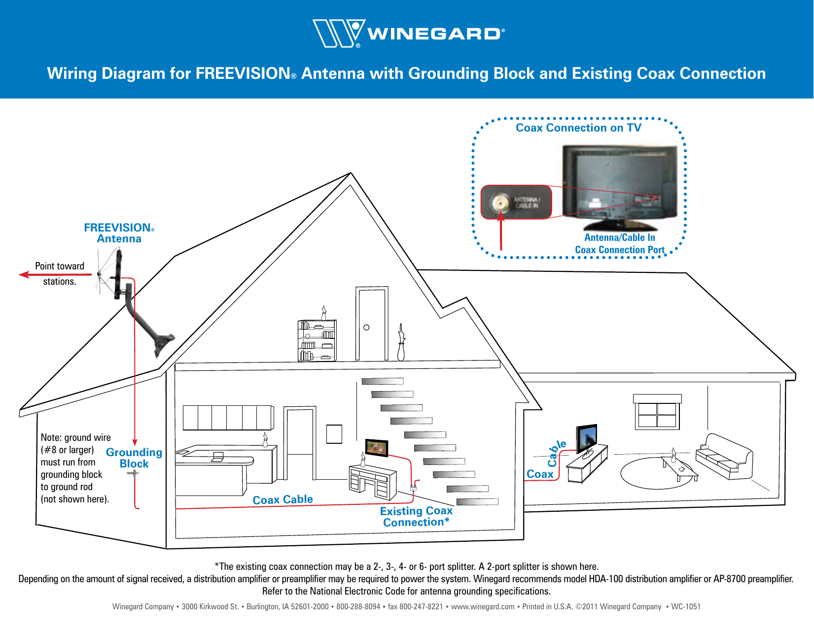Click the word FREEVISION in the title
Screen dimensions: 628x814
pos(242,73)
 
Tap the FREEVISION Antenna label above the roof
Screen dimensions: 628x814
pos(119,233)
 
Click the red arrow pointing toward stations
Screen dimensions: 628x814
pos(54,274)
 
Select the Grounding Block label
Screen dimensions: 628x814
pos(134,458)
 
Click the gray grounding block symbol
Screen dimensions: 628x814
pos(133,473)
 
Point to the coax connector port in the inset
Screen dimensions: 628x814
pos(501,202)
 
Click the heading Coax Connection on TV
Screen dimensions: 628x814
pos(578,128)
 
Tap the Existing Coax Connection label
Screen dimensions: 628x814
pos(416,517)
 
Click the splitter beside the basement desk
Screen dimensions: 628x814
pos(413,488)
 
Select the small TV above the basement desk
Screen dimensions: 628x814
pos(377,448)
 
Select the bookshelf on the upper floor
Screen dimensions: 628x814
pos(317,341)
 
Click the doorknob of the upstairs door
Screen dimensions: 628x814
pos(366,328)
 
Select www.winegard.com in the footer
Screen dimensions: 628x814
pos(482,607)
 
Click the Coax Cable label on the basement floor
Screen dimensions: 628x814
pos(283,500)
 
